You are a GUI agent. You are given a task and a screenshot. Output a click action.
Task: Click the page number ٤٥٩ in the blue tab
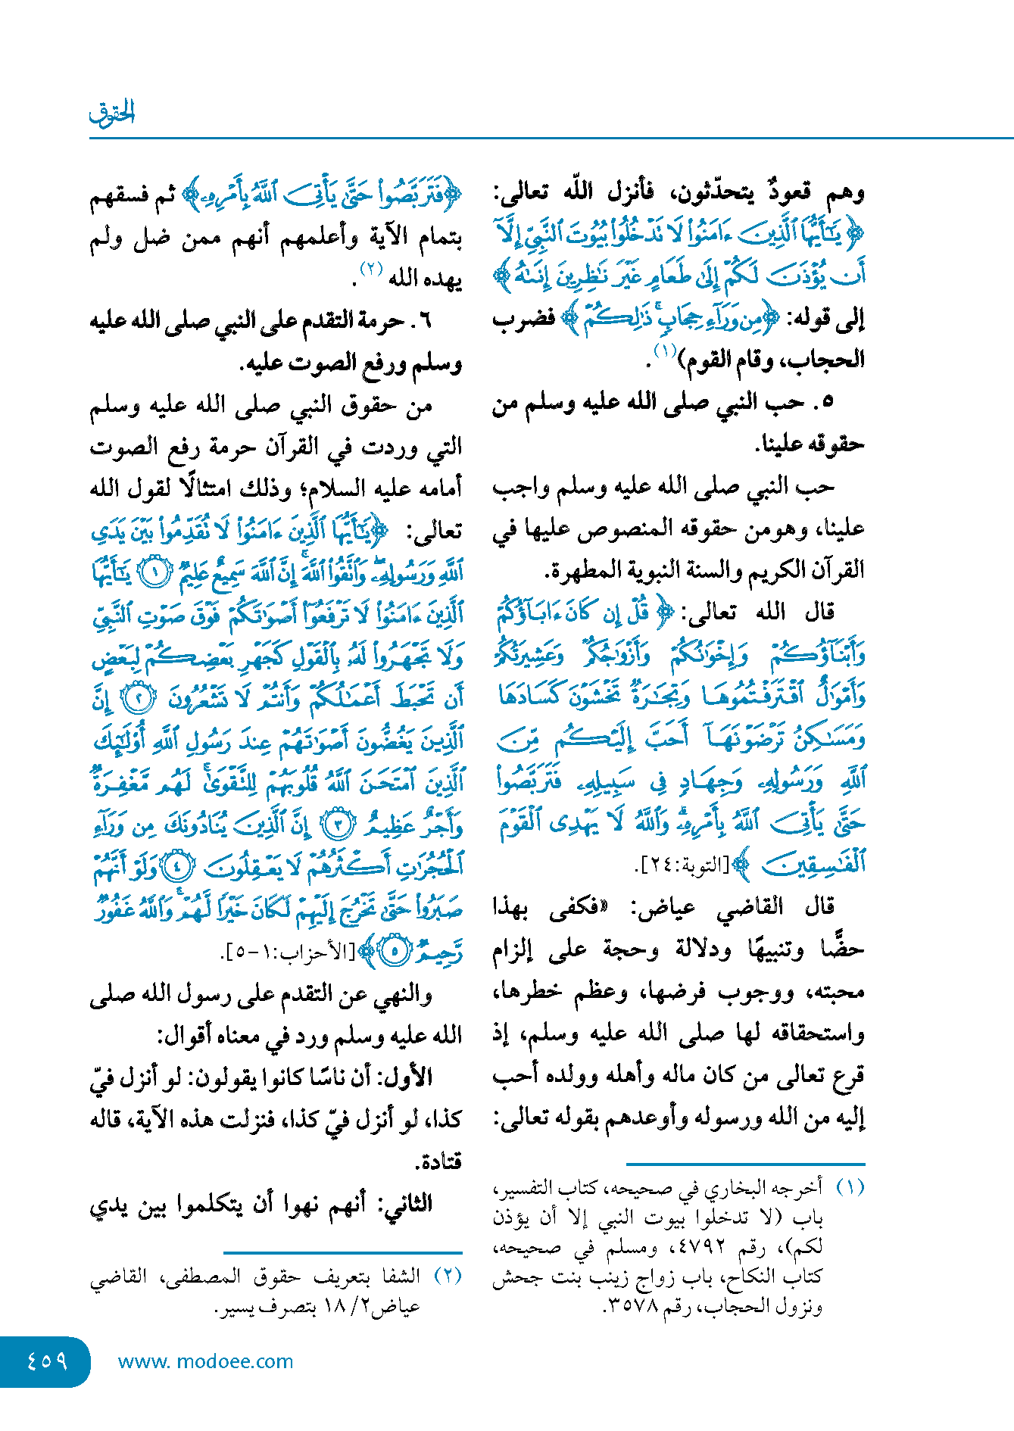click(47, 1361)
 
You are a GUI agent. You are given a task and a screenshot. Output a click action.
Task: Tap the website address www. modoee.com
click(205, 1361)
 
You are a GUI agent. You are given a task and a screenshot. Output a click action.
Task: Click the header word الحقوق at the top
click(111, 114)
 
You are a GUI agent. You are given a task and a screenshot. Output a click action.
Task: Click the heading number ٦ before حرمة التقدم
click(424, 321)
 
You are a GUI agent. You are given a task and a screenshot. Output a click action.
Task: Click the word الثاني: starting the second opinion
click(408, 1202)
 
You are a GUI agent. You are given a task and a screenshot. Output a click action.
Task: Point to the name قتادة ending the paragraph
click(438, 1161)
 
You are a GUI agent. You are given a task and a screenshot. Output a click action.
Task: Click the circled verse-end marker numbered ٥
click(395, 951)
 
